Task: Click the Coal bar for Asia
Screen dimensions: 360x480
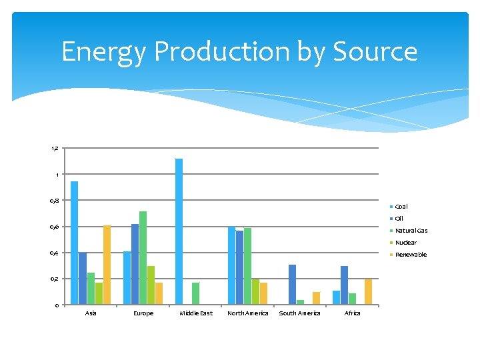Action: [74, 243]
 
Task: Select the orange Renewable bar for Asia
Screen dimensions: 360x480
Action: [107, 265]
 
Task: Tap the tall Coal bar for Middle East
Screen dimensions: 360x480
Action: [179, 231]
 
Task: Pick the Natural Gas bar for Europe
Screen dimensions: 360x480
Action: [143, 257]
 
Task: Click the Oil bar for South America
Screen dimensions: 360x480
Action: [292, 285]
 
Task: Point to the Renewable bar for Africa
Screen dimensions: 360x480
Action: [368, 291]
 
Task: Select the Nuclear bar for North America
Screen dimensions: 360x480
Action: [255, 291]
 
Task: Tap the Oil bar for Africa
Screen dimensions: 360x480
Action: [344, 285]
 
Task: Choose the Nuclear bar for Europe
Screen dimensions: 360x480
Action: [151, 285]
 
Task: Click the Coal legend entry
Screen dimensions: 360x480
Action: [401, 207]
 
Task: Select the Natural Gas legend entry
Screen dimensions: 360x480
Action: [411, 231]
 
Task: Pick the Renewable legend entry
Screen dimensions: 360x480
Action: [410, 255]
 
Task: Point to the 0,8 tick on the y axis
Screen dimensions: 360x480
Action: [55, 201]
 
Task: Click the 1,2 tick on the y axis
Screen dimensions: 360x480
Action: [55, 148]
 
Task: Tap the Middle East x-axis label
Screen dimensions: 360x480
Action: [196, 313]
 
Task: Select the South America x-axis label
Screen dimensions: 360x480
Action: [299, 313]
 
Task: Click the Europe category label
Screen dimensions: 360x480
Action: [143, 313]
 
